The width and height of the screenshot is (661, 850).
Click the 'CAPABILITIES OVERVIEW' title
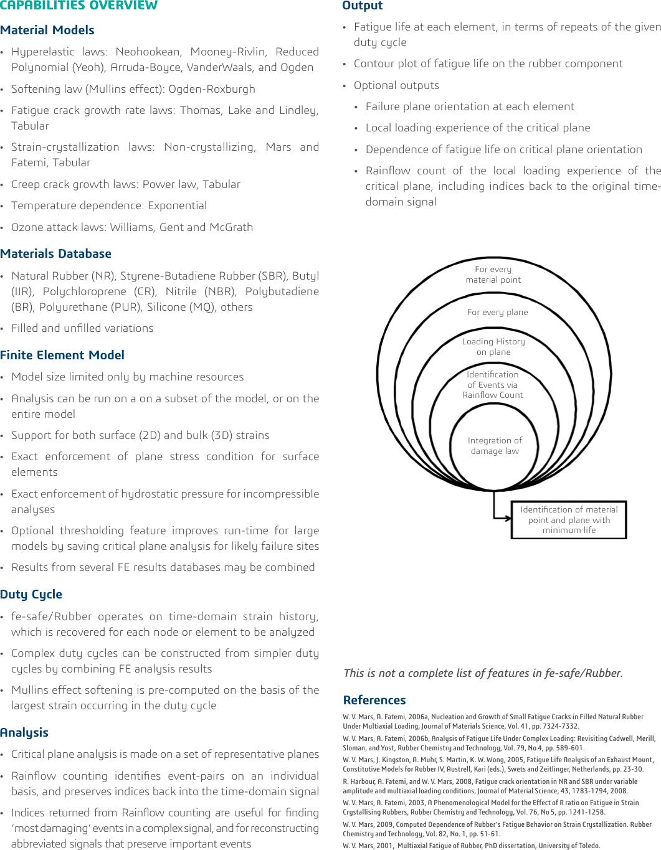tap(79, 6)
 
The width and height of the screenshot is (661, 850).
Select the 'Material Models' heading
tap(47, 30)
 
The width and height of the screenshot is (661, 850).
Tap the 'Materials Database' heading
tap(56, 253)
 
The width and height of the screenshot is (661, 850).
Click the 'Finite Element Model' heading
tap(62, 355)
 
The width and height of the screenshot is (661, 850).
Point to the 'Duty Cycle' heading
tap(31, 594)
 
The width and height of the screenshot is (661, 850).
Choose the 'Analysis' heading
tap(24, 732)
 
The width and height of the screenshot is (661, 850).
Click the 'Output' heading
tap(363, 6)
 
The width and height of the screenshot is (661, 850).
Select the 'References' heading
tap(374, 700)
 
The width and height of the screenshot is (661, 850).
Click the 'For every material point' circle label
tap(493, 275)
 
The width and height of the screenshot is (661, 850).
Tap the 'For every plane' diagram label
tap(497, 312)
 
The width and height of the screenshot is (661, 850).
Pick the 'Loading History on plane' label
tap(493, 347)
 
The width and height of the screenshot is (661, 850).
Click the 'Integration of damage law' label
tap(495, 445)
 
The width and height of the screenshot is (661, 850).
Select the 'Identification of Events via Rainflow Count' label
tap(493, 385)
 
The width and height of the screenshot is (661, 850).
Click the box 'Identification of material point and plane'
tap(569, 519)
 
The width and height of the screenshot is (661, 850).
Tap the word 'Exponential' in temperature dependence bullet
tap(177, 205)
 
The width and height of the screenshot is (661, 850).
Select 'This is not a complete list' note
tap(483, 673)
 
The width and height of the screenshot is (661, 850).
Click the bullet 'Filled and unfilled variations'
tap(82, 328)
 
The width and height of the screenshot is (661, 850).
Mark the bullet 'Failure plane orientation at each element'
tap(470, 106)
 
